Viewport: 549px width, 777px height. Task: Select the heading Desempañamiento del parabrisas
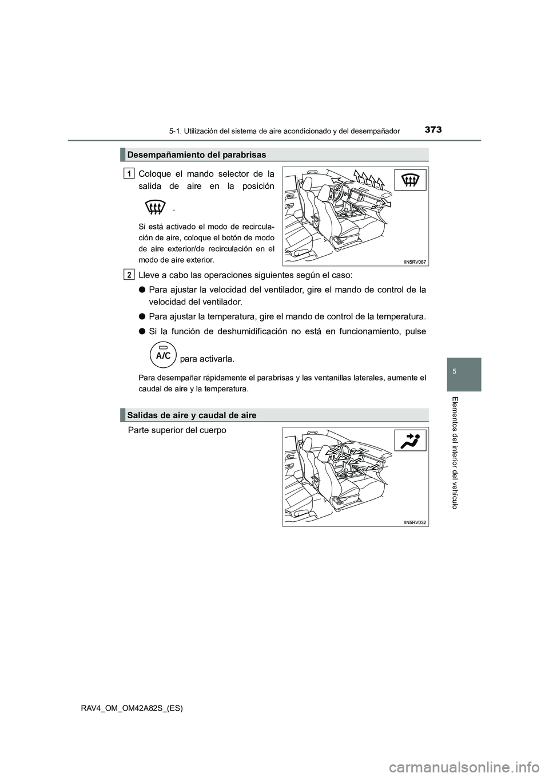tap(197, 154)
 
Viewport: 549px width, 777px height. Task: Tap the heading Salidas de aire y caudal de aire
tap(192, 415)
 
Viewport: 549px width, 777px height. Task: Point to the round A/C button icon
tap(163, 355)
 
